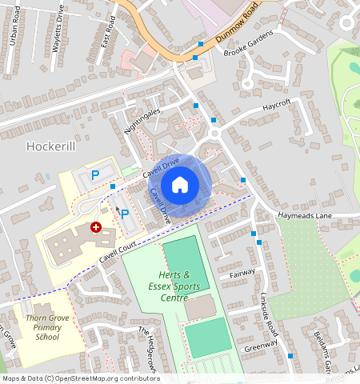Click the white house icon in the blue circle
pyautogui.click(x=180, y=185)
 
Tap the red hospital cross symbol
pyautogui.click(x=96, y=227)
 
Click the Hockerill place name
pyautogui.click(x=51, y=147)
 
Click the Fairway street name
pyautogui.click(x=242, y=273)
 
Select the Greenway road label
pyautogui.click(x=262, y=346)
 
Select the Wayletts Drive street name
pyautogui.click(x=58, y=32)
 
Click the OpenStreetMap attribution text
pyautogui.click(x=81, y=378)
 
